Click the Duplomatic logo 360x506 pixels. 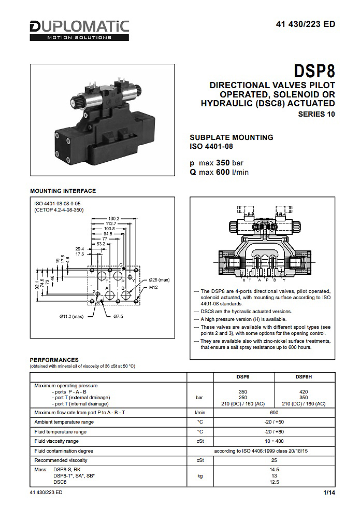tap(79, 31)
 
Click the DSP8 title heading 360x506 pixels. tap(314, 71)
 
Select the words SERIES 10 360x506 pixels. tap(316, 114)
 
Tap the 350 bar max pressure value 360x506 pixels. tap(229, 163)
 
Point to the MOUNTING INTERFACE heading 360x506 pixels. tap(63, 191)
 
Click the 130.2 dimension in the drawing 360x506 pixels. tap(113, 218)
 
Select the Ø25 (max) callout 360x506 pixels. tap(159, 280)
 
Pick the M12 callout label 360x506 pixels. tap(153, 287)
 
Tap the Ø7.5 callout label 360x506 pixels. tap(118, 317)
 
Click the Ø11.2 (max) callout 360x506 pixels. tap(71, 317)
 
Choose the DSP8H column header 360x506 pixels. tap(304, 376)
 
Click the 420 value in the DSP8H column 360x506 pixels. tap(304, 392)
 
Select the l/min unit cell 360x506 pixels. tap(200, 412)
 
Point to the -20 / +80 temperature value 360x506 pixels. tap(274, 432)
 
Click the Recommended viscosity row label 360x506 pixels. tap(61, 460)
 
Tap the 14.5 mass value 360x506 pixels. tap(274, 470)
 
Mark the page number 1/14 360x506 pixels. tap(329, 493)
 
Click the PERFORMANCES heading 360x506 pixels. tap(54, 360)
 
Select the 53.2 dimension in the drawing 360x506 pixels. tap(101, 244)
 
